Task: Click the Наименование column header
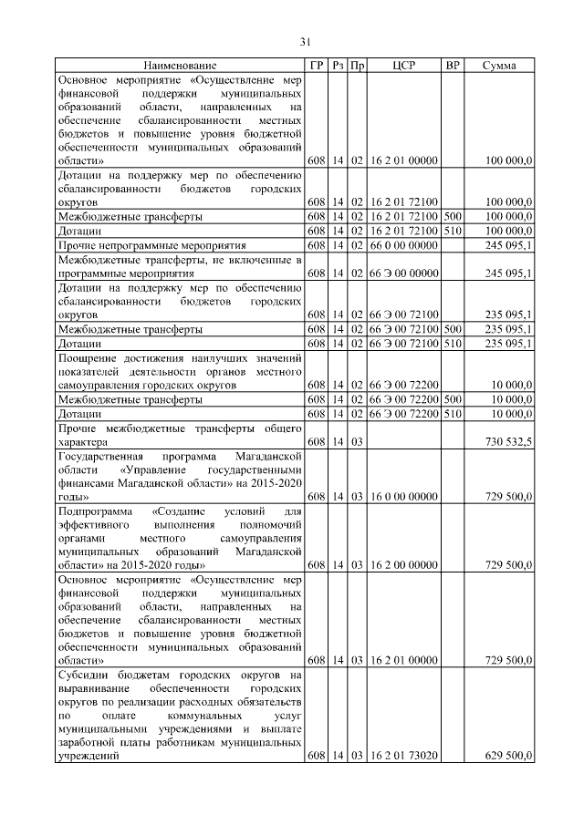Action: [x=180, y=66]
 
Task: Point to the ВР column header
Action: [x=451, y=66]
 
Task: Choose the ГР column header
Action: [x=316, y=66]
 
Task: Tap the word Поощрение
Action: [x=90, y=359]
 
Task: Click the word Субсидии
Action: [x=85, y=675]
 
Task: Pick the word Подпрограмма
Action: [x=94, y=511]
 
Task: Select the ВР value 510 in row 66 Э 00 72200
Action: [x=451, y=414]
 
